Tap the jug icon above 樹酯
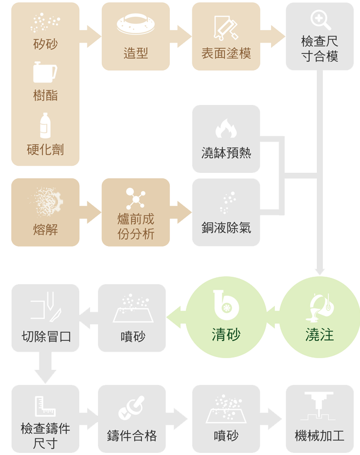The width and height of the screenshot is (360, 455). click(45, 72)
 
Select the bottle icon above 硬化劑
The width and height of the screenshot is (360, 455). click(45, 125)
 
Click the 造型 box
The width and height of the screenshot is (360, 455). click(135, 36)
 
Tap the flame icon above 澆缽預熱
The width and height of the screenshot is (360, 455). click(226, 129)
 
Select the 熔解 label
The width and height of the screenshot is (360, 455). click(45, 229)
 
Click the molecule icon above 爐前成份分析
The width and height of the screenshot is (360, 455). click(136, 199)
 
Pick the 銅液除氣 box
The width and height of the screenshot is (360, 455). click(226, 212)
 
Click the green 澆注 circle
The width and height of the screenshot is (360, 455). click(320, 317)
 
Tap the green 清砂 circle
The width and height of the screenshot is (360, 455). click(226, 317)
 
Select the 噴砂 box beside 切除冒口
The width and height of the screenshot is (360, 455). click(132, 318)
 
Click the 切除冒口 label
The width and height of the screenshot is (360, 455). click(46, 337)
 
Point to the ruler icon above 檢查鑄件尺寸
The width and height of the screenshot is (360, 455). click(45, 407)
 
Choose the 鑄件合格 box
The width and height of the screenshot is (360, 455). click(132, 418)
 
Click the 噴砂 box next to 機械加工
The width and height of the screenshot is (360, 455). click(226, 418)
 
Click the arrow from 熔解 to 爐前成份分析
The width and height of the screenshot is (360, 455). click(90, 212)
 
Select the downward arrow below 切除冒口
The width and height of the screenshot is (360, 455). click(45, 368)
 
